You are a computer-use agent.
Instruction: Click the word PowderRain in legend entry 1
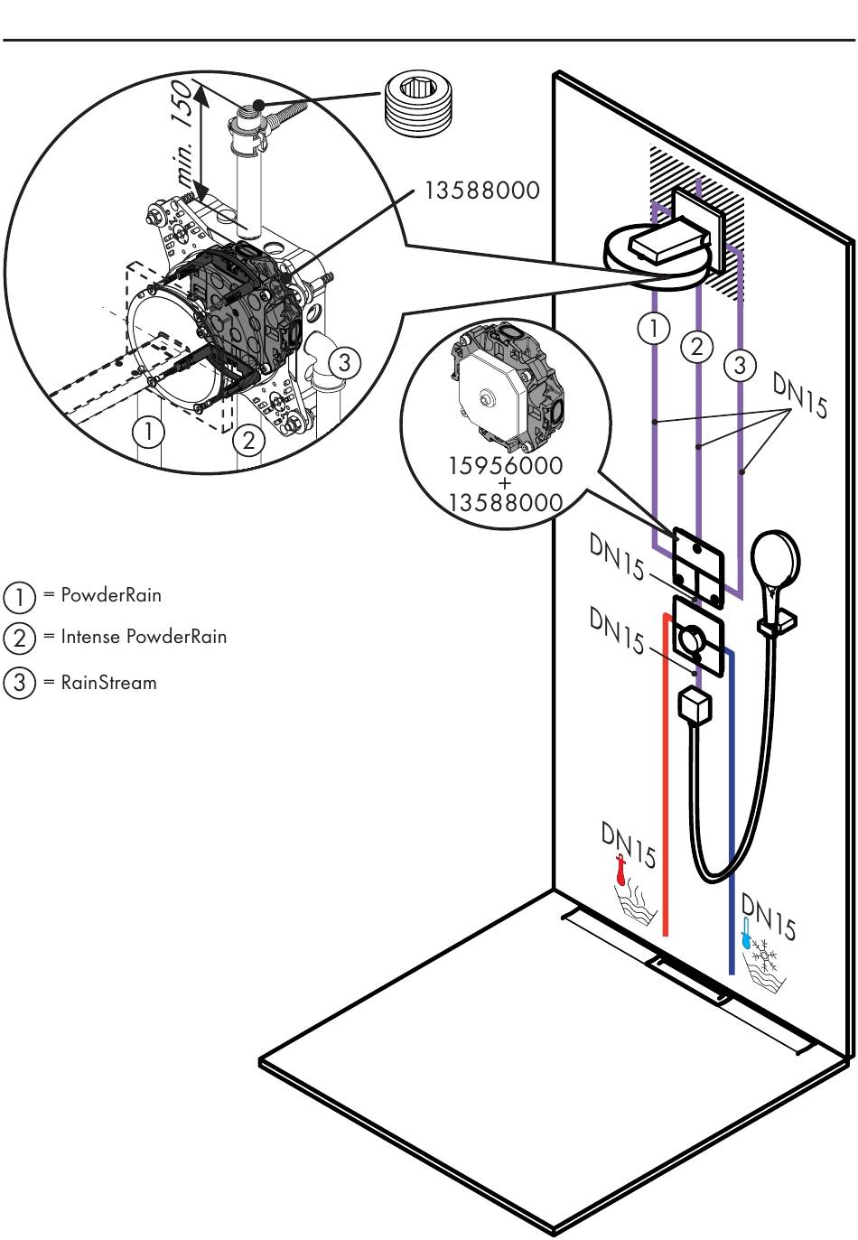[110, 595]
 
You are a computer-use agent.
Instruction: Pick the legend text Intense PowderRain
[144, 636]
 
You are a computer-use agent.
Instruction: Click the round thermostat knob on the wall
[692, 641]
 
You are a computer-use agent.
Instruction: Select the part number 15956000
[506, 466]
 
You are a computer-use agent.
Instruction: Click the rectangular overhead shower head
[669, 244]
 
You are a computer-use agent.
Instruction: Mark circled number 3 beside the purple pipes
[740, 366]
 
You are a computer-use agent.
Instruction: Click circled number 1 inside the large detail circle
[150, 433]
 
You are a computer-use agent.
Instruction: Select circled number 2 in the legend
[18, 638]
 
